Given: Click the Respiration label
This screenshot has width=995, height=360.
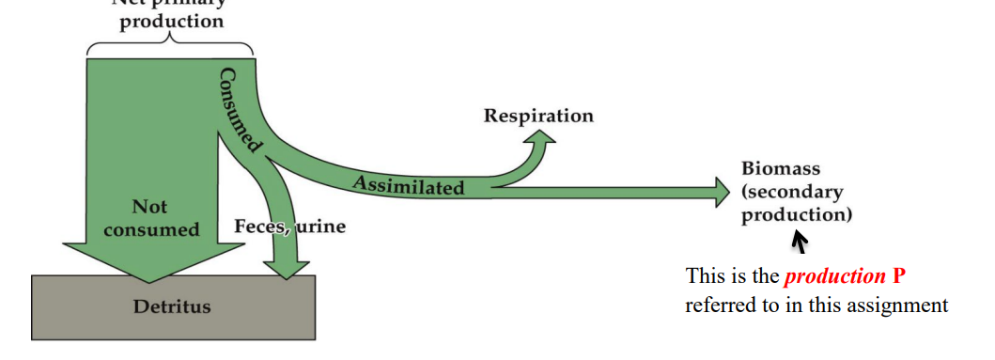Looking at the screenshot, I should (538, 117).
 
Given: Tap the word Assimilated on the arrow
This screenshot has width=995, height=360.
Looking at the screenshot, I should (409, 184).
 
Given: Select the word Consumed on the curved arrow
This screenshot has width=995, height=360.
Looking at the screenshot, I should (239, 109).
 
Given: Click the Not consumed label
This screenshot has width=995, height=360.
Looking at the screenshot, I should (151, 218).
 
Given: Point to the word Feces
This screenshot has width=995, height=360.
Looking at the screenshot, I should (259, 227).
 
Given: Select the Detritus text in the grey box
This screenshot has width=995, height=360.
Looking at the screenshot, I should (173, 305).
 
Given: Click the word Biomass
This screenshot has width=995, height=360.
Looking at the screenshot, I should (781, 169).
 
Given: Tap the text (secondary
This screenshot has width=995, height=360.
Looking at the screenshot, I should (792, 192).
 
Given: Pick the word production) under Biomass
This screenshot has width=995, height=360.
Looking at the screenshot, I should (797, 214).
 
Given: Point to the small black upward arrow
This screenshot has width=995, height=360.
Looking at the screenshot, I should (800, 243).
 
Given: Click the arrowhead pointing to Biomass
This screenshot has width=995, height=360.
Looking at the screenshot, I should (721, 192).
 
